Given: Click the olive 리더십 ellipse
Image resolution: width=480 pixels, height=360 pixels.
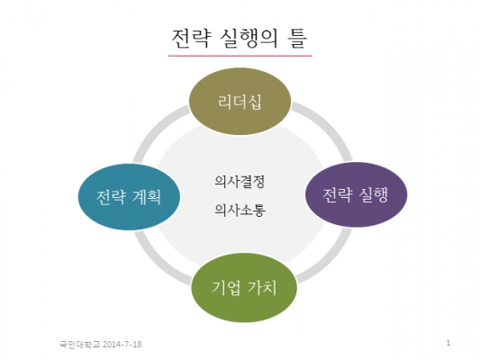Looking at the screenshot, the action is [240, 101].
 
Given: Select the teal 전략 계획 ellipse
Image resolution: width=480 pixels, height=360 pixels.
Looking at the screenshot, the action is [129, 197].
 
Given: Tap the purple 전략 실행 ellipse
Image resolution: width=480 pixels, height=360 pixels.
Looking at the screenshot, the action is [356, 194].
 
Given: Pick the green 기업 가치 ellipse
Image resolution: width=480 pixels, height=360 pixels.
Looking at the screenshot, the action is [244, 287].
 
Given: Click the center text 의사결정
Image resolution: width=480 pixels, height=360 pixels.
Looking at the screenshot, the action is [240, 182].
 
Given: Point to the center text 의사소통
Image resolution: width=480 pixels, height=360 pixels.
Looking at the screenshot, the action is [240, 210].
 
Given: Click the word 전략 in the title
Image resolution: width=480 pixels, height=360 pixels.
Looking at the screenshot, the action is [191, 39].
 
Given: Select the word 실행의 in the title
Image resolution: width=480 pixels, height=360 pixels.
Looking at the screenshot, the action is [249, 39].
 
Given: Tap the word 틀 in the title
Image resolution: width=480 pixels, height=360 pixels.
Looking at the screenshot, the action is [296, 39].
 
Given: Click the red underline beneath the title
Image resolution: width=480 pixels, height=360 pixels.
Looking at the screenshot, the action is [240, 56].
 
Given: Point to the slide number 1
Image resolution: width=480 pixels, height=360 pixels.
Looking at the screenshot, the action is [448, 343].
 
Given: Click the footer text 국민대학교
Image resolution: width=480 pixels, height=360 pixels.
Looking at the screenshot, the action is [79, 345].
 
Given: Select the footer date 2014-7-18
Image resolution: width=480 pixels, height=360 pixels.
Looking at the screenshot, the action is [122, 345].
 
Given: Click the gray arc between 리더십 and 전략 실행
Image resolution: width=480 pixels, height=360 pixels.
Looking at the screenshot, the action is [329, 124].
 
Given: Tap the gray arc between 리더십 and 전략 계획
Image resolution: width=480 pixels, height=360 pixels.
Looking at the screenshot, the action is [156, 129].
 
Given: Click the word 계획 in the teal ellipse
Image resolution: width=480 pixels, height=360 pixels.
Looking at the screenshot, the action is [147, 197].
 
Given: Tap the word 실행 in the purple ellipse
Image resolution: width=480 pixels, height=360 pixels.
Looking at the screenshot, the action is [374, 194].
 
